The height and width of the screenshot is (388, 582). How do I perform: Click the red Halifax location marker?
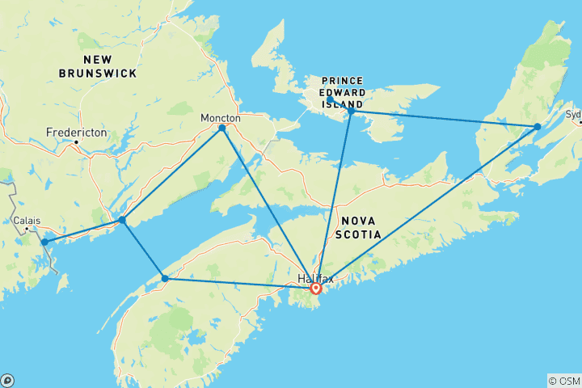(x=316, y=288)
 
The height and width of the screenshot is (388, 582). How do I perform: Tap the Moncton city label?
(x=221, y=118)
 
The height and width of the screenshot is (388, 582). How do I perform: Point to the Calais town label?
(x=26, y=220)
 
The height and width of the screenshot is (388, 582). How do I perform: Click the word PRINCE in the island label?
(x=342, y=80)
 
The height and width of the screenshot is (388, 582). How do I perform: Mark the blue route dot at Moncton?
(x=222, y=128)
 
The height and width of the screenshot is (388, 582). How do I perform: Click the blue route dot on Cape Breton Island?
(x=538, y=127)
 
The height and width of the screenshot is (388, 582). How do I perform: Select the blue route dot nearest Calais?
(x=44, y=242)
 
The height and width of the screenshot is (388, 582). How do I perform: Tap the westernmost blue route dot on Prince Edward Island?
(x=330, y=100)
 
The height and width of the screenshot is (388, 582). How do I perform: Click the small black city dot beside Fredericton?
(x=76, y=143)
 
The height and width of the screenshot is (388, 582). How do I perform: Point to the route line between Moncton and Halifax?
(x=267, y=205)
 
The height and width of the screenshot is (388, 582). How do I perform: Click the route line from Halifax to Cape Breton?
(x=428, y=206)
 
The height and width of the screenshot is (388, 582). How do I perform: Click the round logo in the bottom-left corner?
(x=7, y=380)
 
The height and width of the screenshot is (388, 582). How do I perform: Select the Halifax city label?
(x=314, y=278)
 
